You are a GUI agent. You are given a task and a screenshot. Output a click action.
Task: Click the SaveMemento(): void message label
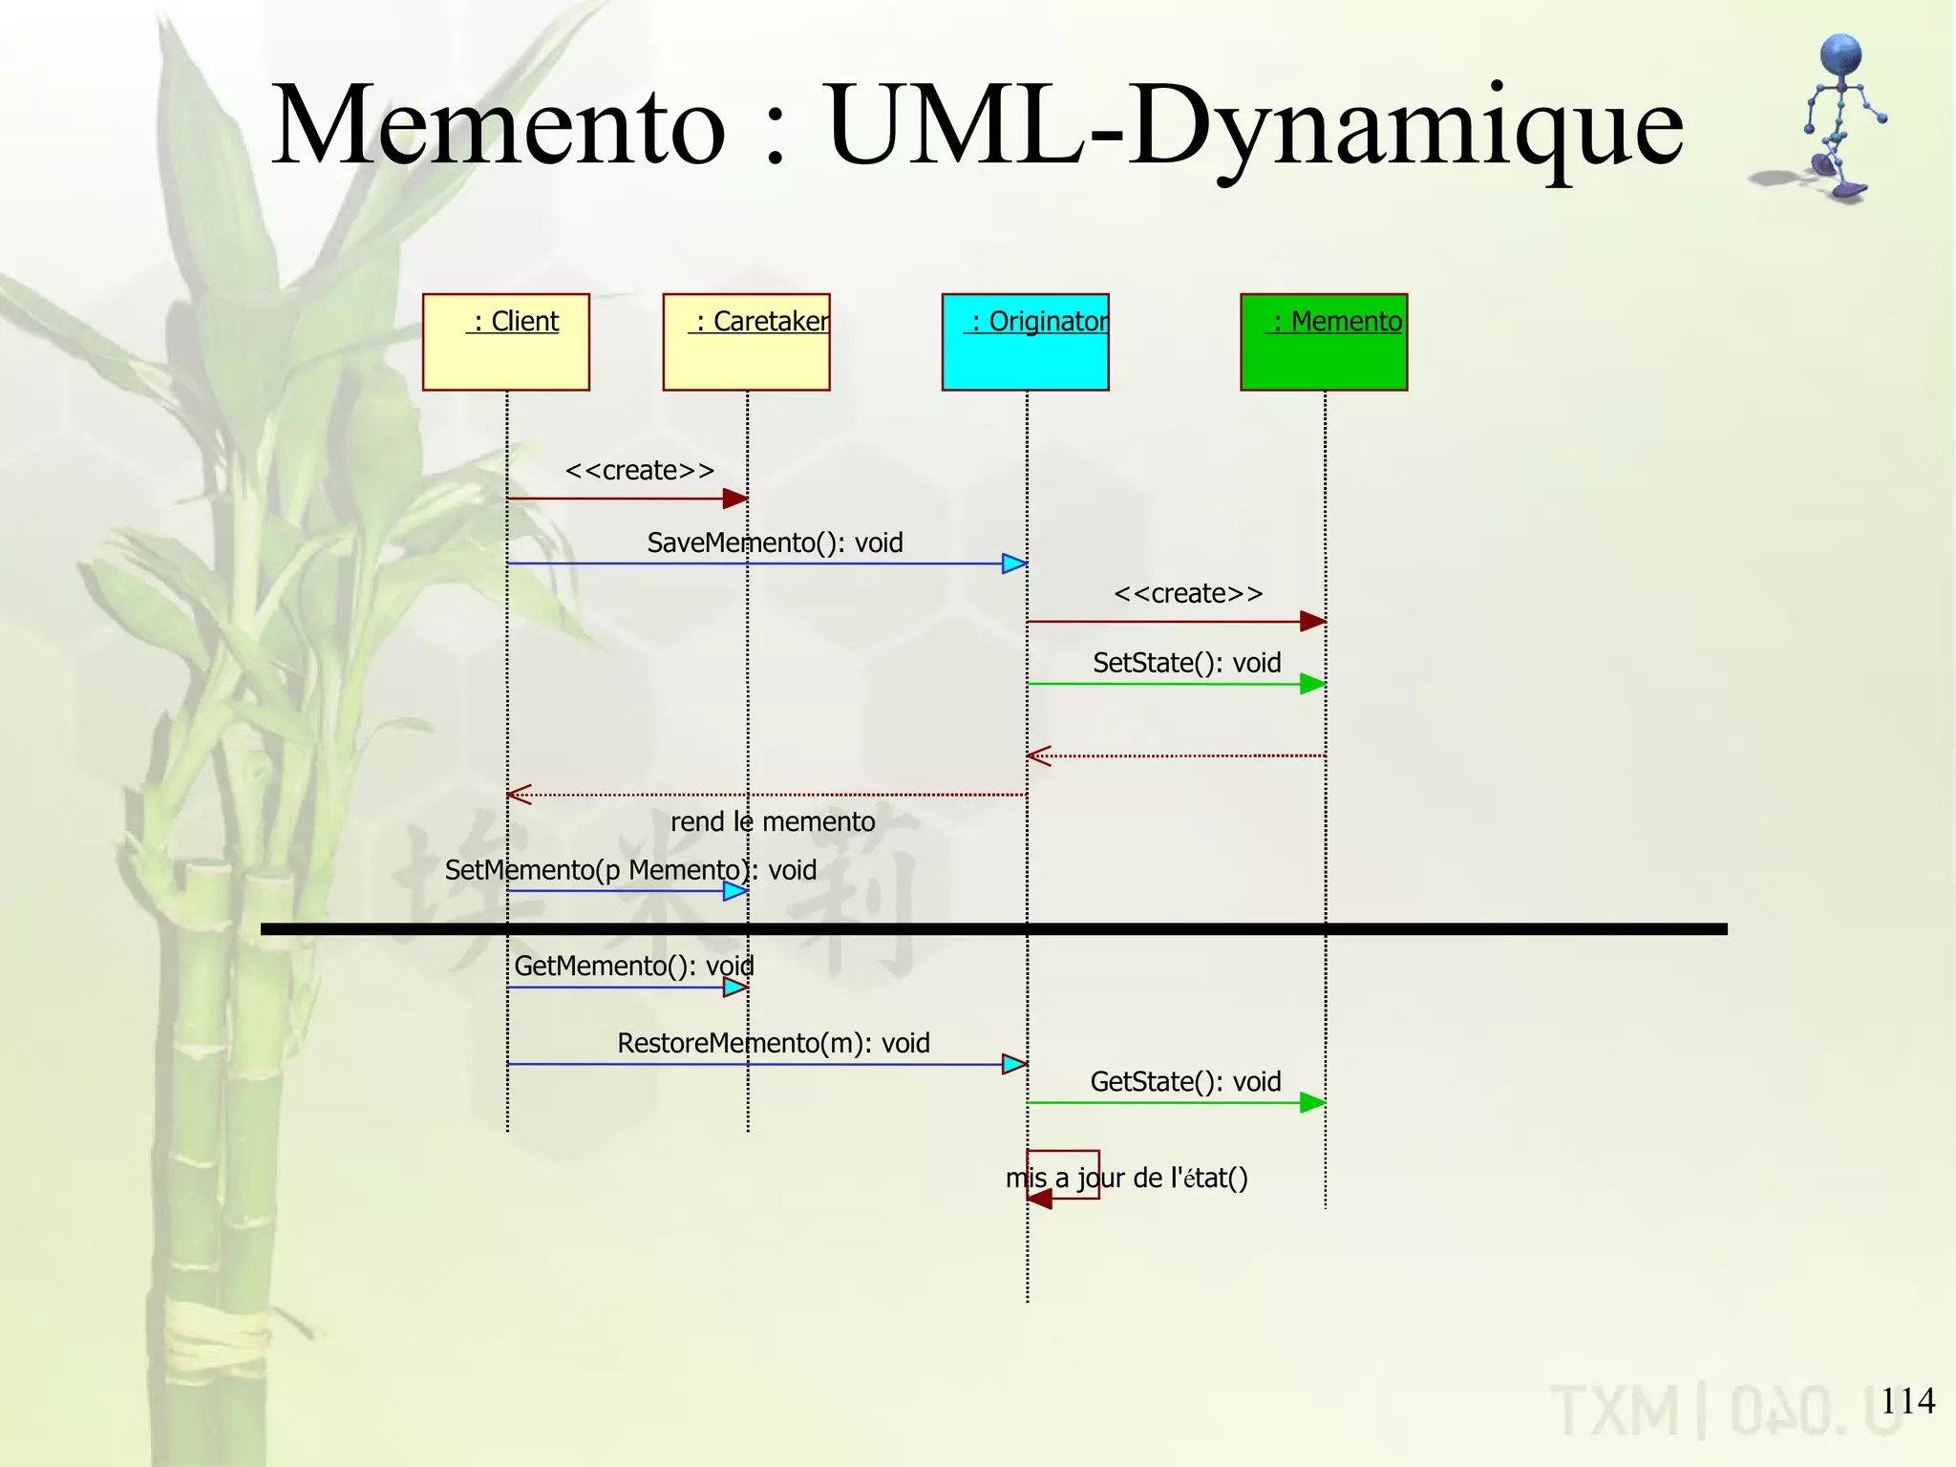[775, 542]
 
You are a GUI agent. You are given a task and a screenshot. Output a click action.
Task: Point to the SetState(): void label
[1186, 663]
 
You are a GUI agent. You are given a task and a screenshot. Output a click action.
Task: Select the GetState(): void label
[1185, 1081]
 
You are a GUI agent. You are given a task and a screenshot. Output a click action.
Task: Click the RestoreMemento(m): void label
[773, 1043]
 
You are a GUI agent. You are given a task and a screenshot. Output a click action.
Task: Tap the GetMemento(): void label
[633, 966]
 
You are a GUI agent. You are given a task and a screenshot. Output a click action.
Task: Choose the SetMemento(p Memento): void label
[630, 870]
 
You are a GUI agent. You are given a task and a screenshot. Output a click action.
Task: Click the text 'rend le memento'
[772, 821]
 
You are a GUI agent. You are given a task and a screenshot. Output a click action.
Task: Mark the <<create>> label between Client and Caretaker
[639, 471]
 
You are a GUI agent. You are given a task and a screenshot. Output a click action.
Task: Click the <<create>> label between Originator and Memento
[1188, 594]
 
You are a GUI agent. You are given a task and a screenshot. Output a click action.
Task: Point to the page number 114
[1907, 1401]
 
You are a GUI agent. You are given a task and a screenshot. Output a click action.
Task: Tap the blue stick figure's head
[1840, 55]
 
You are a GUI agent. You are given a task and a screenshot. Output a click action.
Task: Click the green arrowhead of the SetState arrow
[1312, 684]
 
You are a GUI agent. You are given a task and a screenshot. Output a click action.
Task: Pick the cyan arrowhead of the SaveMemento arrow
[1014, 563]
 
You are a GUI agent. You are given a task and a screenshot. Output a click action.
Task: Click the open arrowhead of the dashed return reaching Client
[519, 795]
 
